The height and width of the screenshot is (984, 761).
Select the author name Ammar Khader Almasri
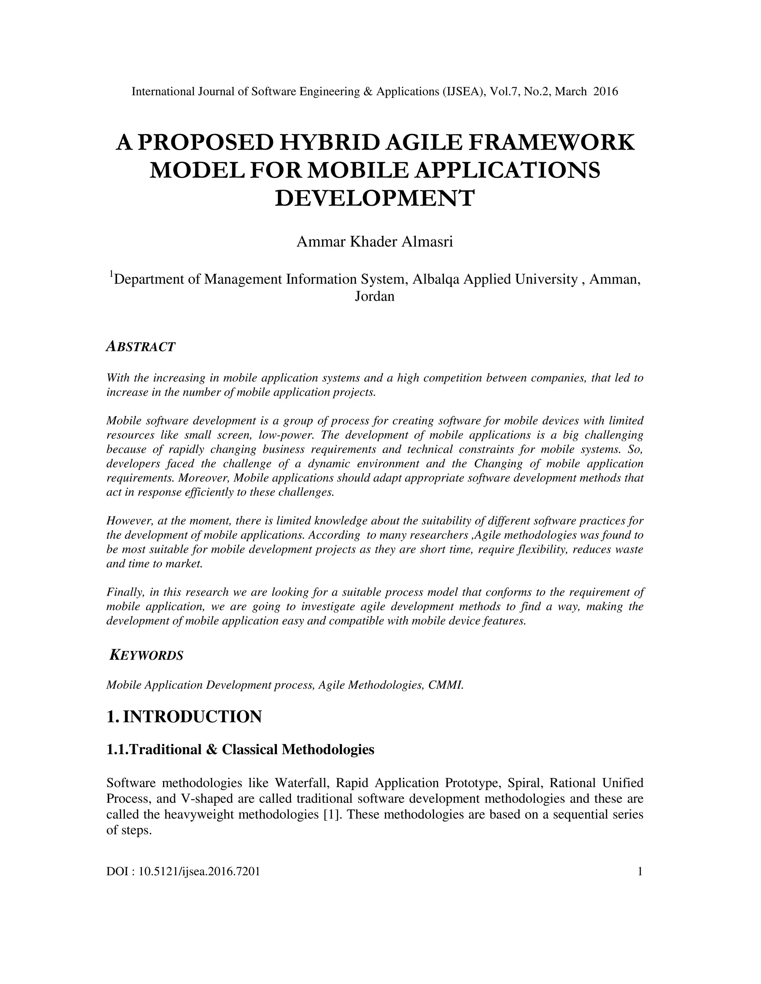[x=375, y=242]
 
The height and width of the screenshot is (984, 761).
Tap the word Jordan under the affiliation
[x=375, y=296]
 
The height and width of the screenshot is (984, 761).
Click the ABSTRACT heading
[x=140, y=346]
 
